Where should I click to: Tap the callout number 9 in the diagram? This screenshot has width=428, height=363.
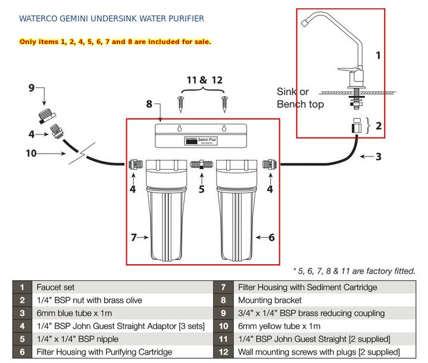32,88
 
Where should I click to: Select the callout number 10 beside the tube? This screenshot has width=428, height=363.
31,154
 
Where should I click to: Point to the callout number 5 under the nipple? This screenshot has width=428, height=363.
201,189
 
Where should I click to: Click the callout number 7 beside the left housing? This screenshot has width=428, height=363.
134,237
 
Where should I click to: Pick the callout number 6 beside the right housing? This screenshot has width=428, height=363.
271,237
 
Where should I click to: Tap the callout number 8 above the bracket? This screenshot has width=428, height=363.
149,104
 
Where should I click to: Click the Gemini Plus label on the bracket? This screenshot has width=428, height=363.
199,140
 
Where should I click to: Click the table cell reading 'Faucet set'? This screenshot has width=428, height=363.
55,287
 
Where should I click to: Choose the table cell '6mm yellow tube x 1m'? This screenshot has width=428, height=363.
279,326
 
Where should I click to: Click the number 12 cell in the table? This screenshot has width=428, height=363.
223,352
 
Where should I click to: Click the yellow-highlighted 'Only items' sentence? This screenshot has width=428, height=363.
115,42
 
